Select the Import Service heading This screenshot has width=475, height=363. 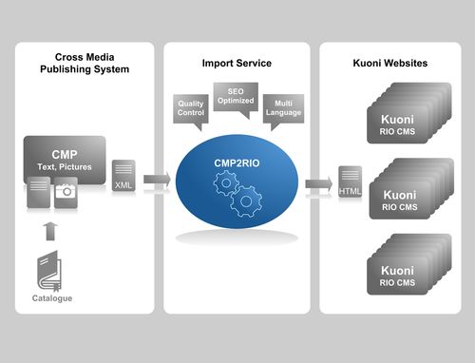tap(237, 64)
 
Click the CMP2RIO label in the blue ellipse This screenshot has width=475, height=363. tap(237, 164)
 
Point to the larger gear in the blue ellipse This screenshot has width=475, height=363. tap(246, 201)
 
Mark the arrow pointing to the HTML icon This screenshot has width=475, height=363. tap(319, 183)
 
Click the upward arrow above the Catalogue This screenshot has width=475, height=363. tap(50, 230)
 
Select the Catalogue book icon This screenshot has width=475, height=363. tap(50, 270)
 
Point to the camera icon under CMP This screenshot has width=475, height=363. tap(65, 191)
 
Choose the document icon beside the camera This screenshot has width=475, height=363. tap(38, 191)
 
